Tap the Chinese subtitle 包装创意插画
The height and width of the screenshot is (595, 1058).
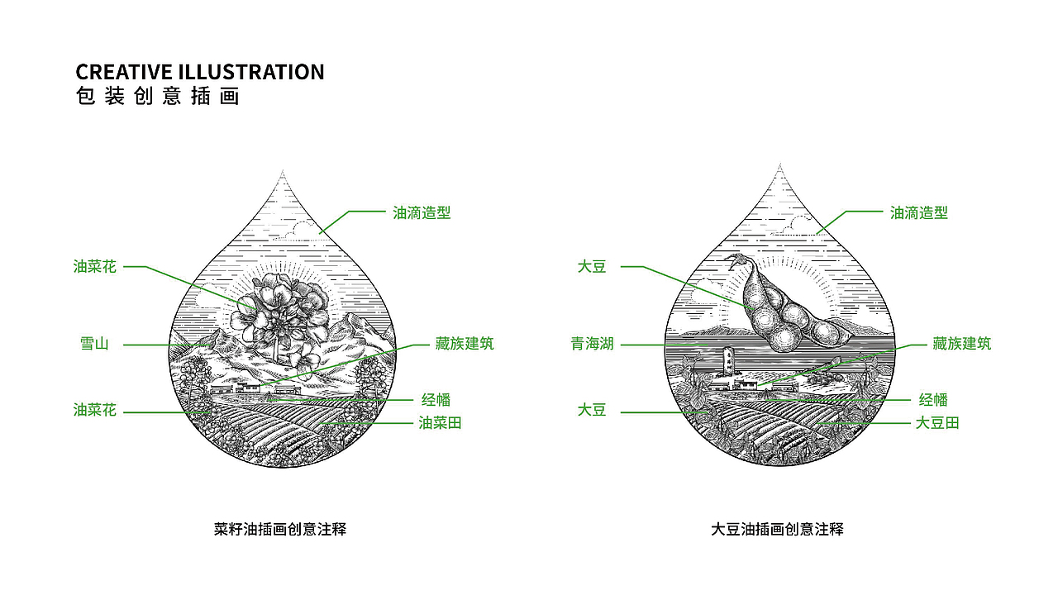pyautogui.click(x=157, y=97)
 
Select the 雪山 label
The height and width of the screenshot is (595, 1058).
pyautogui.click(x=94, y=344)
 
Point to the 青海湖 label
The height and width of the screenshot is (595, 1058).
pyautogui.click(x=592, y=344)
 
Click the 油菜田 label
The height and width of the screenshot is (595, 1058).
pyautogui.click(x=440, y=423)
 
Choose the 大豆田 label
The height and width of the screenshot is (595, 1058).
pyautogui.click(x=937, y=423)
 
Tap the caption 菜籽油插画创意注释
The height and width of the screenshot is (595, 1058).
pyautogui.click(x=280, y=529)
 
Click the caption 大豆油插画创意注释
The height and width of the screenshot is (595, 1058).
pyautogui.click(x=778, y=529)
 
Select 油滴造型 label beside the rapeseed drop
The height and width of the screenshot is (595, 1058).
pyautogui.click(x=422, y=212)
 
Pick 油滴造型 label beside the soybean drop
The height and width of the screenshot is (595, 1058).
pyautogui.click(x=919, y=212)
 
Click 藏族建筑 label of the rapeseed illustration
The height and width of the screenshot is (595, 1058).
pyautogui.click(x=465, y=344)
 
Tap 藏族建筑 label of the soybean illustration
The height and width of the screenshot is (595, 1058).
pyautogui.click(x=962, y=344)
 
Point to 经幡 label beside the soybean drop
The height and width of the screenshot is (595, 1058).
pyautogui.click(x=934, y=400)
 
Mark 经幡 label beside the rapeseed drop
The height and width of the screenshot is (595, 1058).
pyautogui.click(x=436, y=400)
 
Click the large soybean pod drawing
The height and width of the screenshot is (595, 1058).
pyautogui.click(x=777, y=306)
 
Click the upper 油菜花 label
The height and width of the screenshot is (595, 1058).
pyautogui.click(x=94, y=267)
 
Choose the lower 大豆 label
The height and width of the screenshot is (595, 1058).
pyautogui.click(x=592, y=410)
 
